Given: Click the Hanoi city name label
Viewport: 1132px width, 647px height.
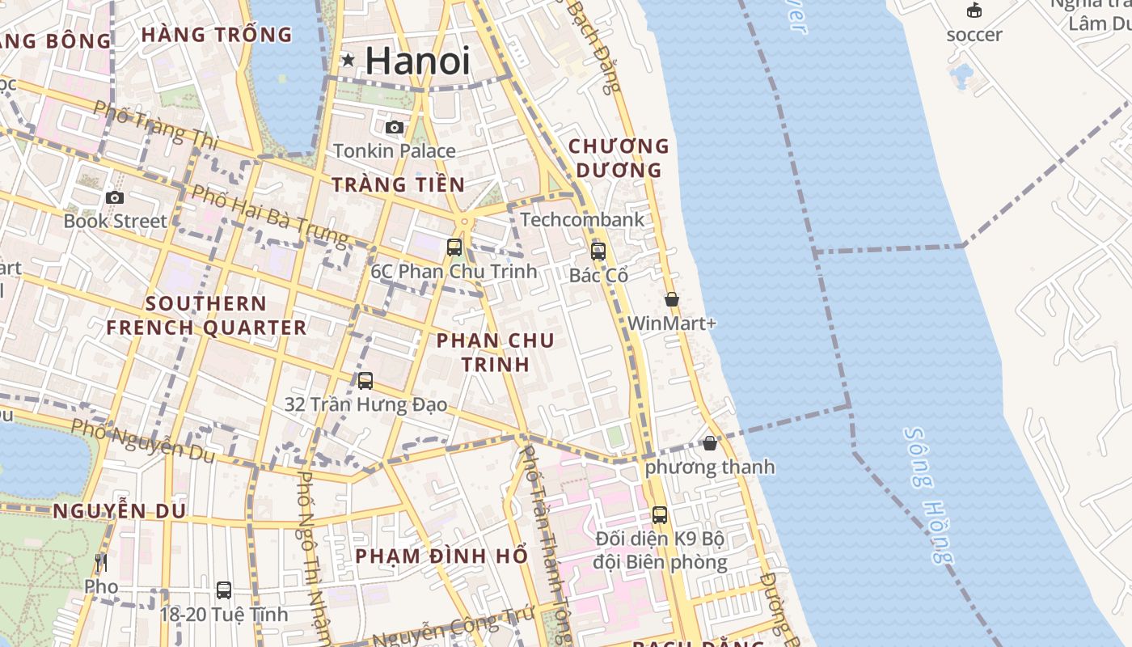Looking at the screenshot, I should [x=417, y=61].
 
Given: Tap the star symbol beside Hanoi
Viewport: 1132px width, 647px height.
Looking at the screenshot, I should [x=348, y=60].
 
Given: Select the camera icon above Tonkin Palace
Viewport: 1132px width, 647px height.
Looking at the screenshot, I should [x=395, y=127].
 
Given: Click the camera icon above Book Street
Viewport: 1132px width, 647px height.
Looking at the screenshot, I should [x=115, y=197].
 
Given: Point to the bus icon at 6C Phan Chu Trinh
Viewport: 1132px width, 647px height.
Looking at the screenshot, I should [x=454, y=247].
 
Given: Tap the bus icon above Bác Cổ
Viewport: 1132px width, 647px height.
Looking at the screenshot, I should [x=598, y=252].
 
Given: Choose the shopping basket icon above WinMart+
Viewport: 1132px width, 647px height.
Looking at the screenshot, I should [x=672, y=299].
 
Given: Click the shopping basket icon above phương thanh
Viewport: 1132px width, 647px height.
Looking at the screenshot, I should [x=710, y=443].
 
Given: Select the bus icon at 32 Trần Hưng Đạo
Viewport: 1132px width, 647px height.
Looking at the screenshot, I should [x=365, y=380].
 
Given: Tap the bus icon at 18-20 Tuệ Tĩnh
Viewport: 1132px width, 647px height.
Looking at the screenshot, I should [x=224, y=590].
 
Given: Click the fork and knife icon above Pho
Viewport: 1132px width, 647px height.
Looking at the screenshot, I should [x=101, y=563].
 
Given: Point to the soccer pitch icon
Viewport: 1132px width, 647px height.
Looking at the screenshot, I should [x=974, y=11].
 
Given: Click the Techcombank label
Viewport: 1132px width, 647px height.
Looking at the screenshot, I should [x=582, y=219].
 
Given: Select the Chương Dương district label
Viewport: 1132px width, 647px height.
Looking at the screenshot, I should [x=619, y=158].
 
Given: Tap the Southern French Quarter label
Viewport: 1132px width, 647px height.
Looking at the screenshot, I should [x=206, y=315].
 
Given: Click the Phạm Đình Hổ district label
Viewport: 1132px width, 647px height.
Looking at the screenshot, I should [x=441, y=556].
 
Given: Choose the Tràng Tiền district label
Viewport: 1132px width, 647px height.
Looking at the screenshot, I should [x=399, y=184].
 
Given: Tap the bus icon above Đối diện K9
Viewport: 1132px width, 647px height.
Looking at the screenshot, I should [x=660, y=514].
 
